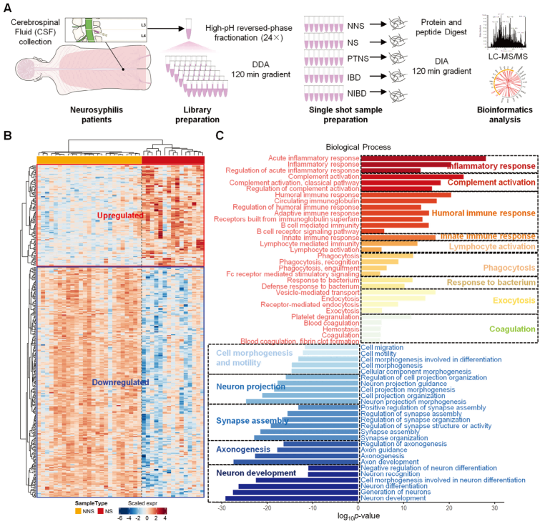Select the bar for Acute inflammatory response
pos(423,158)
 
